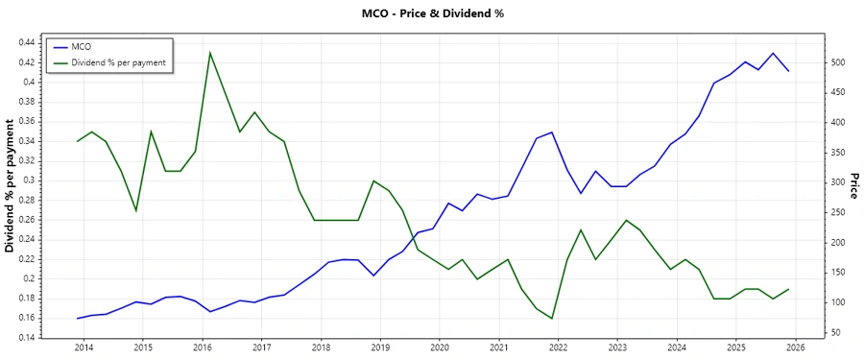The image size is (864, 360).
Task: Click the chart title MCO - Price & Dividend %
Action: click(x=431, y=13)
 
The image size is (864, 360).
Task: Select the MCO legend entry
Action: click(x=83, y=46)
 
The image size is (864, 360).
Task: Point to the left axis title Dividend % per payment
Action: click(x=11, y=186)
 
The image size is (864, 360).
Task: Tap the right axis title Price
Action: click(x=853, y=186)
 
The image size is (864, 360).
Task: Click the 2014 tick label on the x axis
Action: click(x=84, y=347)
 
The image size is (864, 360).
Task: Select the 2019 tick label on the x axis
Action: click(x=380, y=347)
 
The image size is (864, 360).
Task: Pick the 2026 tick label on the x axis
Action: click(x=795, y=347)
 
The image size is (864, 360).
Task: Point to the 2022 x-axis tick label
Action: click(x=558, y=347)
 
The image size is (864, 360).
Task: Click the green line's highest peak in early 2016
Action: click(x=210, y=53)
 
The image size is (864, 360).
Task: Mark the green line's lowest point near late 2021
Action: click(x=552, y=319)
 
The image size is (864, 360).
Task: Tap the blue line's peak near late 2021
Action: click(x=552, y=132)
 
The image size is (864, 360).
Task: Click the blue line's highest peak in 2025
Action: click(x=773, y=54)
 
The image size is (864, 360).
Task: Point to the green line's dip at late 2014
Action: click(x=136, y=210)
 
